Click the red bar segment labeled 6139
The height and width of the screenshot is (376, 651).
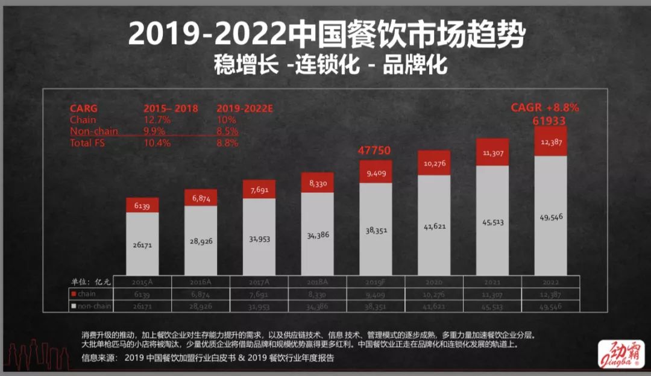tap(142, 205)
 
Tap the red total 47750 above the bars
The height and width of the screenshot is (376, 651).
tap(376, 151)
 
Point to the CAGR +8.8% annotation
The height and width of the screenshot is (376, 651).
tap(545, 108)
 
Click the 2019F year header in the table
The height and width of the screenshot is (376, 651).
tap(376, 281)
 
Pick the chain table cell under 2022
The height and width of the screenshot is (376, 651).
tap(550, 293)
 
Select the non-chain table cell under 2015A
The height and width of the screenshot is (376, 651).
tap(142, 306)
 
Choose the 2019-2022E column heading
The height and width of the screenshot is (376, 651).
tap(244, 108)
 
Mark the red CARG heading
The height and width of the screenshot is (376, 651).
tap(84, 108)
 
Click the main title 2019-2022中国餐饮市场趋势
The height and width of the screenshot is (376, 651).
tap(326, 36)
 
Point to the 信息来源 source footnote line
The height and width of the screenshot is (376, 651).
tap(207, 357)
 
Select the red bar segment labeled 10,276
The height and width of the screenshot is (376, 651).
tap(434, 163)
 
